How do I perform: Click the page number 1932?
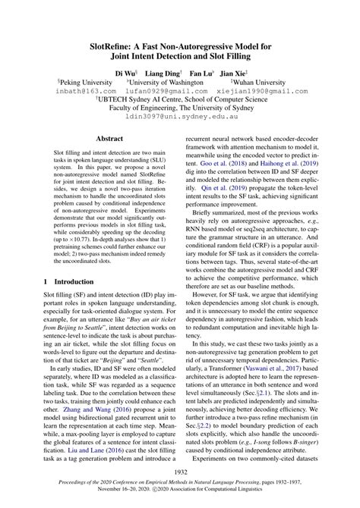point(180,471)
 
